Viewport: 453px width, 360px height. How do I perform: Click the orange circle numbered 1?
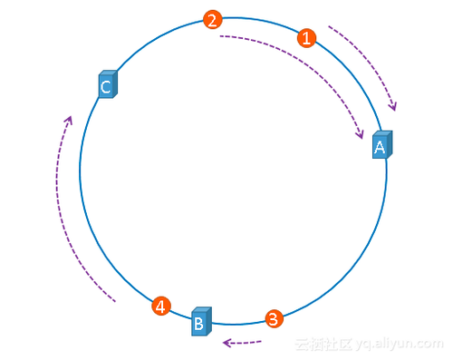[306, 38]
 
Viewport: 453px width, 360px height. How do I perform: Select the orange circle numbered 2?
[213, 20]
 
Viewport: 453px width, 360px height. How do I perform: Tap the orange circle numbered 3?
[275, 318]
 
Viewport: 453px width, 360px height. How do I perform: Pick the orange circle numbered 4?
[161, 306]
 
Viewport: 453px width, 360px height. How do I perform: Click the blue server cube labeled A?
[382, 144]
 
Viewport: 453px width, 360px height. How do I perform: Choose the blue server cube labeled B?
[201, 321]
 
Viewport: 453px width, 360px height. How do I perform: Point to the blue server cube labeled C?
[108, 84]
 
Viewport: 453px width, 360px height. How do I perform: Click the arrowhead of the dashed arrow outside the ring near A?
[393, 107]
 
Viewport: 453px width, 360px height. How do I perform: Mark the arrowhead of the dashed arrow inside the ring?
[360, 135]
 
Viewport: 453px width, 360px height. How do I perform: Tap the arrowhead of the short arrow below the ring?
[226, 343]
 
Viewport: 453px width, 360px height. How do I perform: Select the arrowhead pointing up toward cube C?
[70, 119]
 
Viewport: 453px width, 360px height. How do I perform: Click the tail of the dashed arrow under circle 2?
[220, 36]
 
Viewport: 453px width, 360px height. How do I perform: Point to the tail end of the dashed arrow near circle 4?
[115, 301]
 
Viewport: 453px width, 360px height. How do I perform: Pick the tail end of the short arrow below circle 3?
[261, 342]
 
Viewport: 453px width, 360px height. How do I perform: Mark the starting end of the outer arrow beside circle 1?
[329, 26]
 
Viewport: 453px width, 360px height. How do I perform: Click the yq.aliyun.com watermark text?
[400, 345]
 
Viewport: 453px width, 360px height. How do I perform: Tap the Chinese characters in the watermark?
[323, 345]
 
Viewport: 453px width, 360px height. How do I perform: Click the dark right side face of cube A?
[390, 144]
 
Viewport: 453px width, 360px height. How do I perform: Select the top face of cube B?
[202, 309]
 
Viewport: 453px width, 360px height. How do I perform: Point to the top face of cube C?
[109, 73]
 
